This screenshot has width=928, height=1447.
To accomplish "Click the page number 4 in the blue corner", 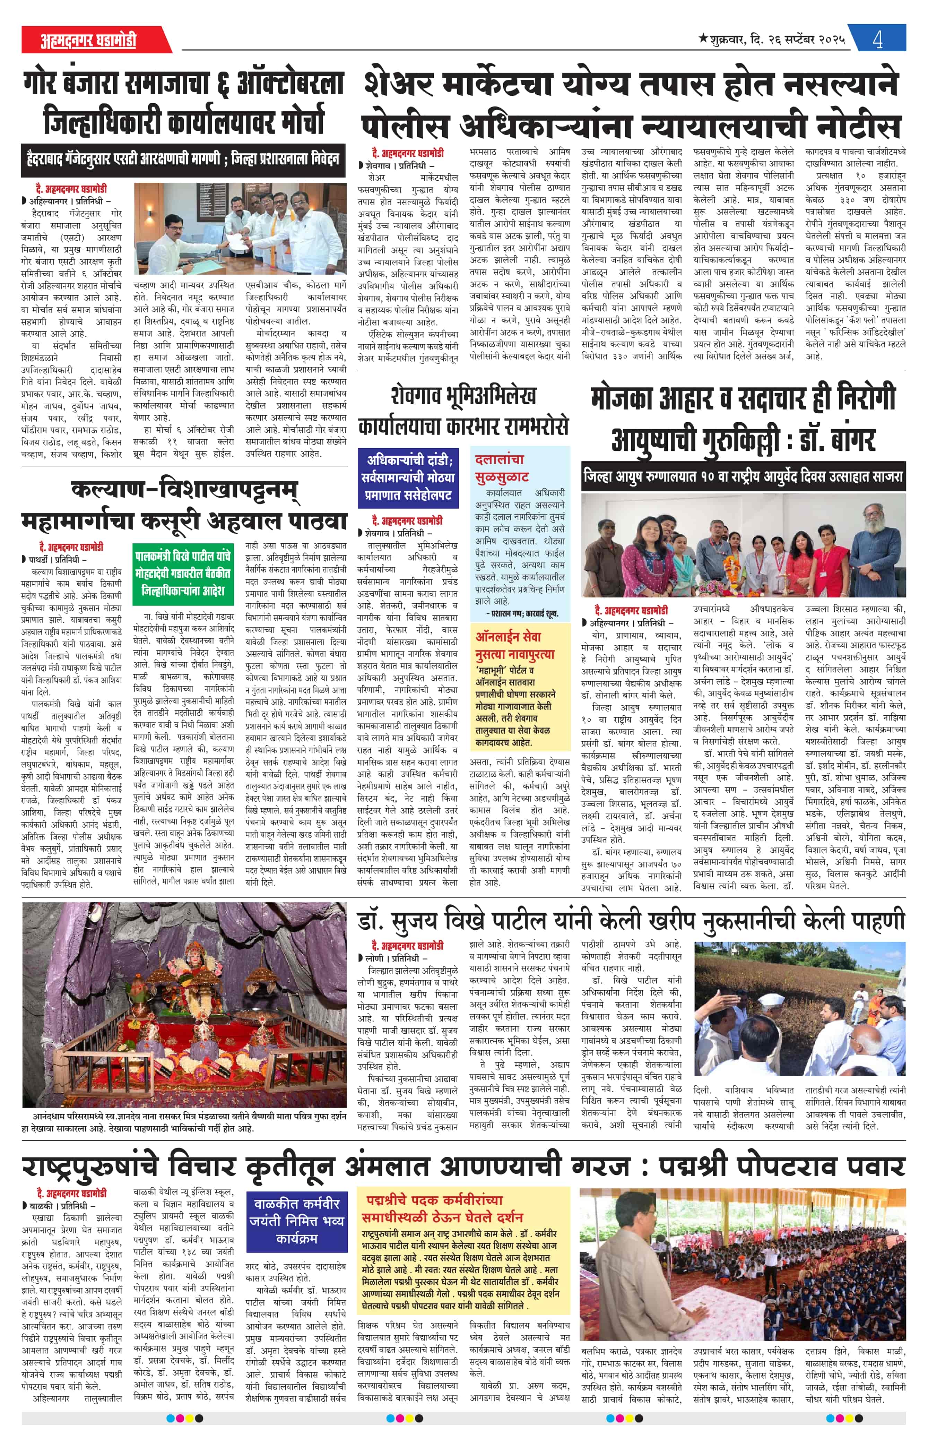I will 877,40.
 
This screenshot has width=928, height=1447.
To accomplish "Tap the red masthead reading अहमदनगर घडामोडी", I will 89,40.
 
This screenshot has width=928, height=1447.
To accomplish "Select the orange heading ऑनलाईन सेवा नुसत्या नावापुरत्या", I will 515,645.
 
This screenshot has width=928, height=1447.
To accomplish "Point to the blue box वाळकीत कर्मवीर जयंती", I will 296,1221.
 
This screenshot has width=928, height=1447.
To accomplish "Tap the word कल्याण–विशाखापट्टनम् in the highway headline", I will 184,489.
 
